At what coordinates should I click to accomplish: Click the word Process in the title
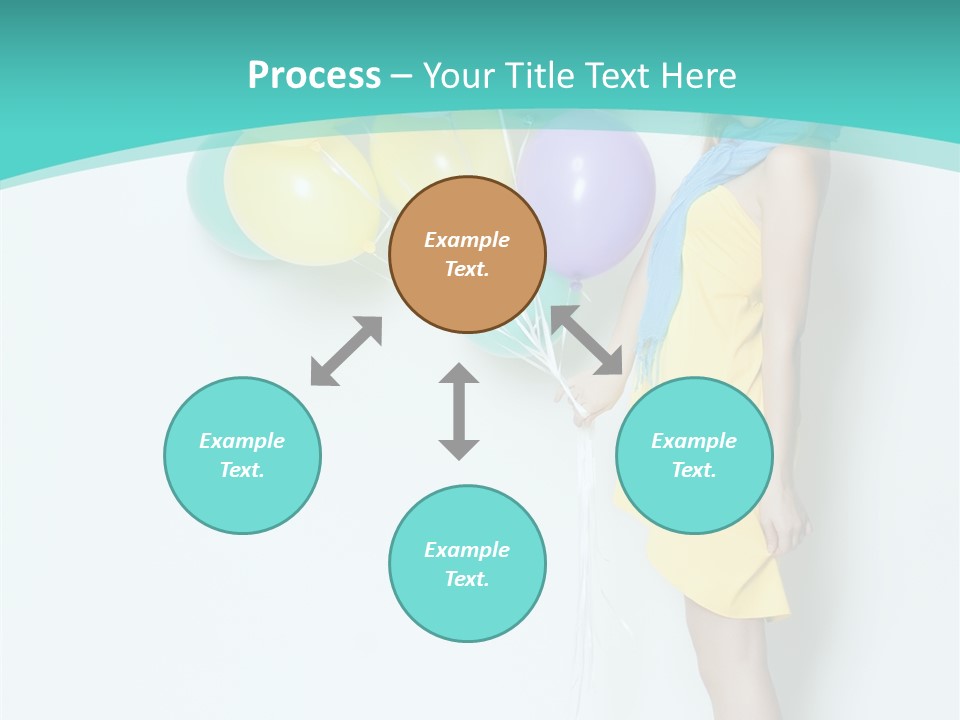[314, 76]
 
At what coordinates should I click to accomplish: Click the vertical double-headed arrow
[459, 411]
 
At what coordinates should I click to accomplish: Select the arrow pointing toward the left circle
[346, 351]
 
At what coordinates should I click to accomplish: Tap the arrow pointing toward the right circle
[587, 340]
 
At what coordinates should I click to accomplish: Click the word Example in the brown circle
[467, 240]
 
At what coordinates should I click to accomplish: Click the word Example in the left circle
[242, 441]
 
